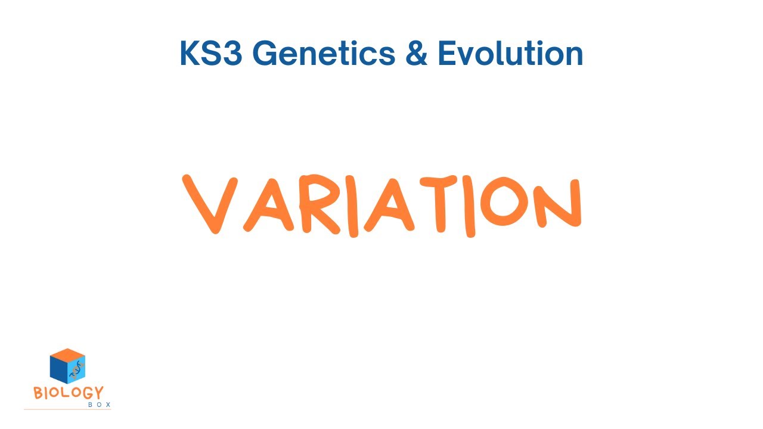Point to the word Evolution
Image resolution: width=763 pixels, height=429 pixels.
click(x=510, y=54)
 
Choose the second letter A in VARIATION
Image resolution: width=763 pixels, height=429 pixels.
click(x=390, y=206)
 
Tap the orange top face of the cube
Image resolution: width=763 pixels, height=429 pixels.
click(x=67, y=355)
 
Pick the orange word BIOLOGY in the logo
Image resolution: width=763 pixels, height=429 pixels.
click(x=68, y=393)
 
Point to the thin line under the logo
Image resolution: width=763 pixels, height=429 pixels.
click(x=67, y=409)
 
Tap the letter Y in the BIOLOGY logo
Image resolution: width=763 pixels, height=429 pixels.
click(x=98, y=393)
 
